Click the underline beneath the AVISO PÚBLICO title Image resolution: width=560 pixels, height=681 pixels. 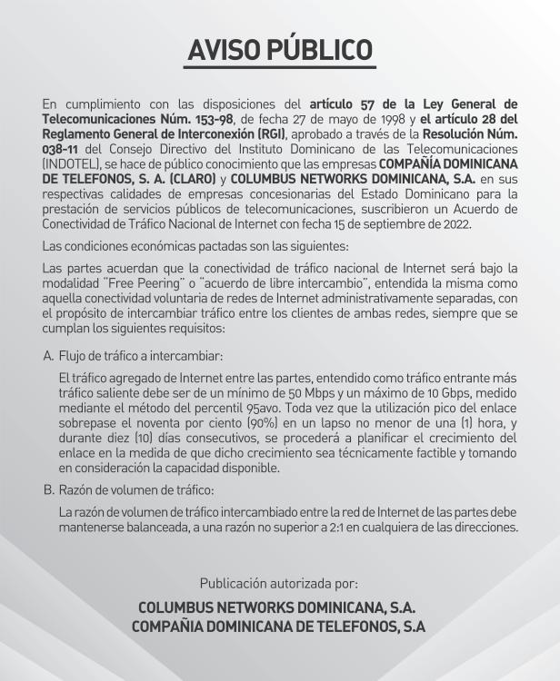pyautogui.click(x=279, y=68)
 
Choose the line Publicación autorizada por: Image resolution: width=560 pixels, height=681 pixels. pyautogui.click(x=279, y=584)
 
